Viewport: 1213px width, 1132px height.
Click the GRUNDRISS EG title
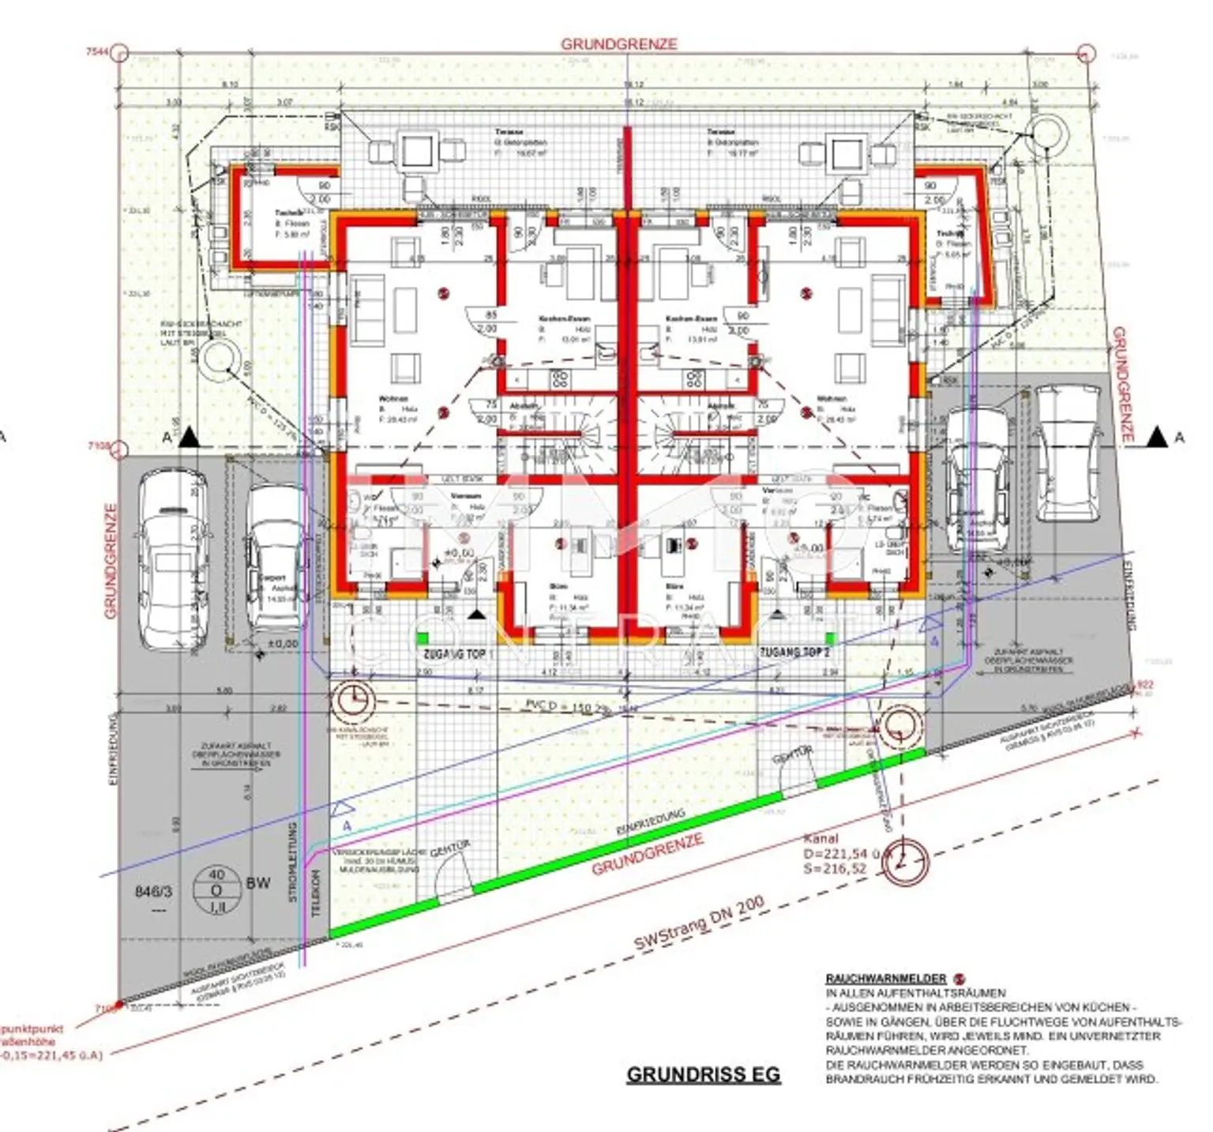click(703, 1074)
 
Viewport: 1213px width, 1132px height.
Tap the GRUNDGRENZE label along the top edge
click(618, 44)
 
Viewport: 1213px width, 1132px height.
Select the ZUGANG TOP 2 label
click(794, 652)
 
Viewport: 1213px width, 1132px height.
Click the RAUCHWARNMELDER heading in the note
click(885, 978)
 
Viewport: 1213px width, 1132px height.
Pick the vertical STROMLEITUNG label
click(292, 862)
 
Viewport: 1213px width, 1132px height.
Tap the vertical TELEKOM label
click(317, 893)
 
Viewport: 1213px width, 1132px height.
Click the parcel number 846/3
click(153, 891)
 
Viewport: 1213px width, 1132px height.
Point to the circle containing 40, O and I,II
click(216, 891)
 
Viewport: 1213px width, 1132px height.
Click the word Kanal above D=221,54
click(821, 838)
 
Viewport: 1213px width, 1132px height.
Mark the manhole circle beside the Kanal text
click(905, 863)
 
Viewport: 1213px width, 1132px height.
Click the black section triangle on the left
click(189, 438)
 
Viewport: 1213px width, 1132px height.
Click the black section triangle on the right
click(1157, 436)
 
